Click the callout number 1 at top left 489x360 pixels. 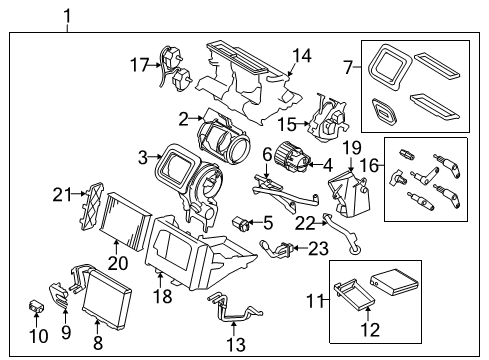point(67,15)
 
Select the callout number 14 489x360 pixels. point(301,56)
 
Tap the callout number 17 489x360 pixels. point(139,66)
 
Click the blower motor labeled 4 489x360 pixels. point(293,160)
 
